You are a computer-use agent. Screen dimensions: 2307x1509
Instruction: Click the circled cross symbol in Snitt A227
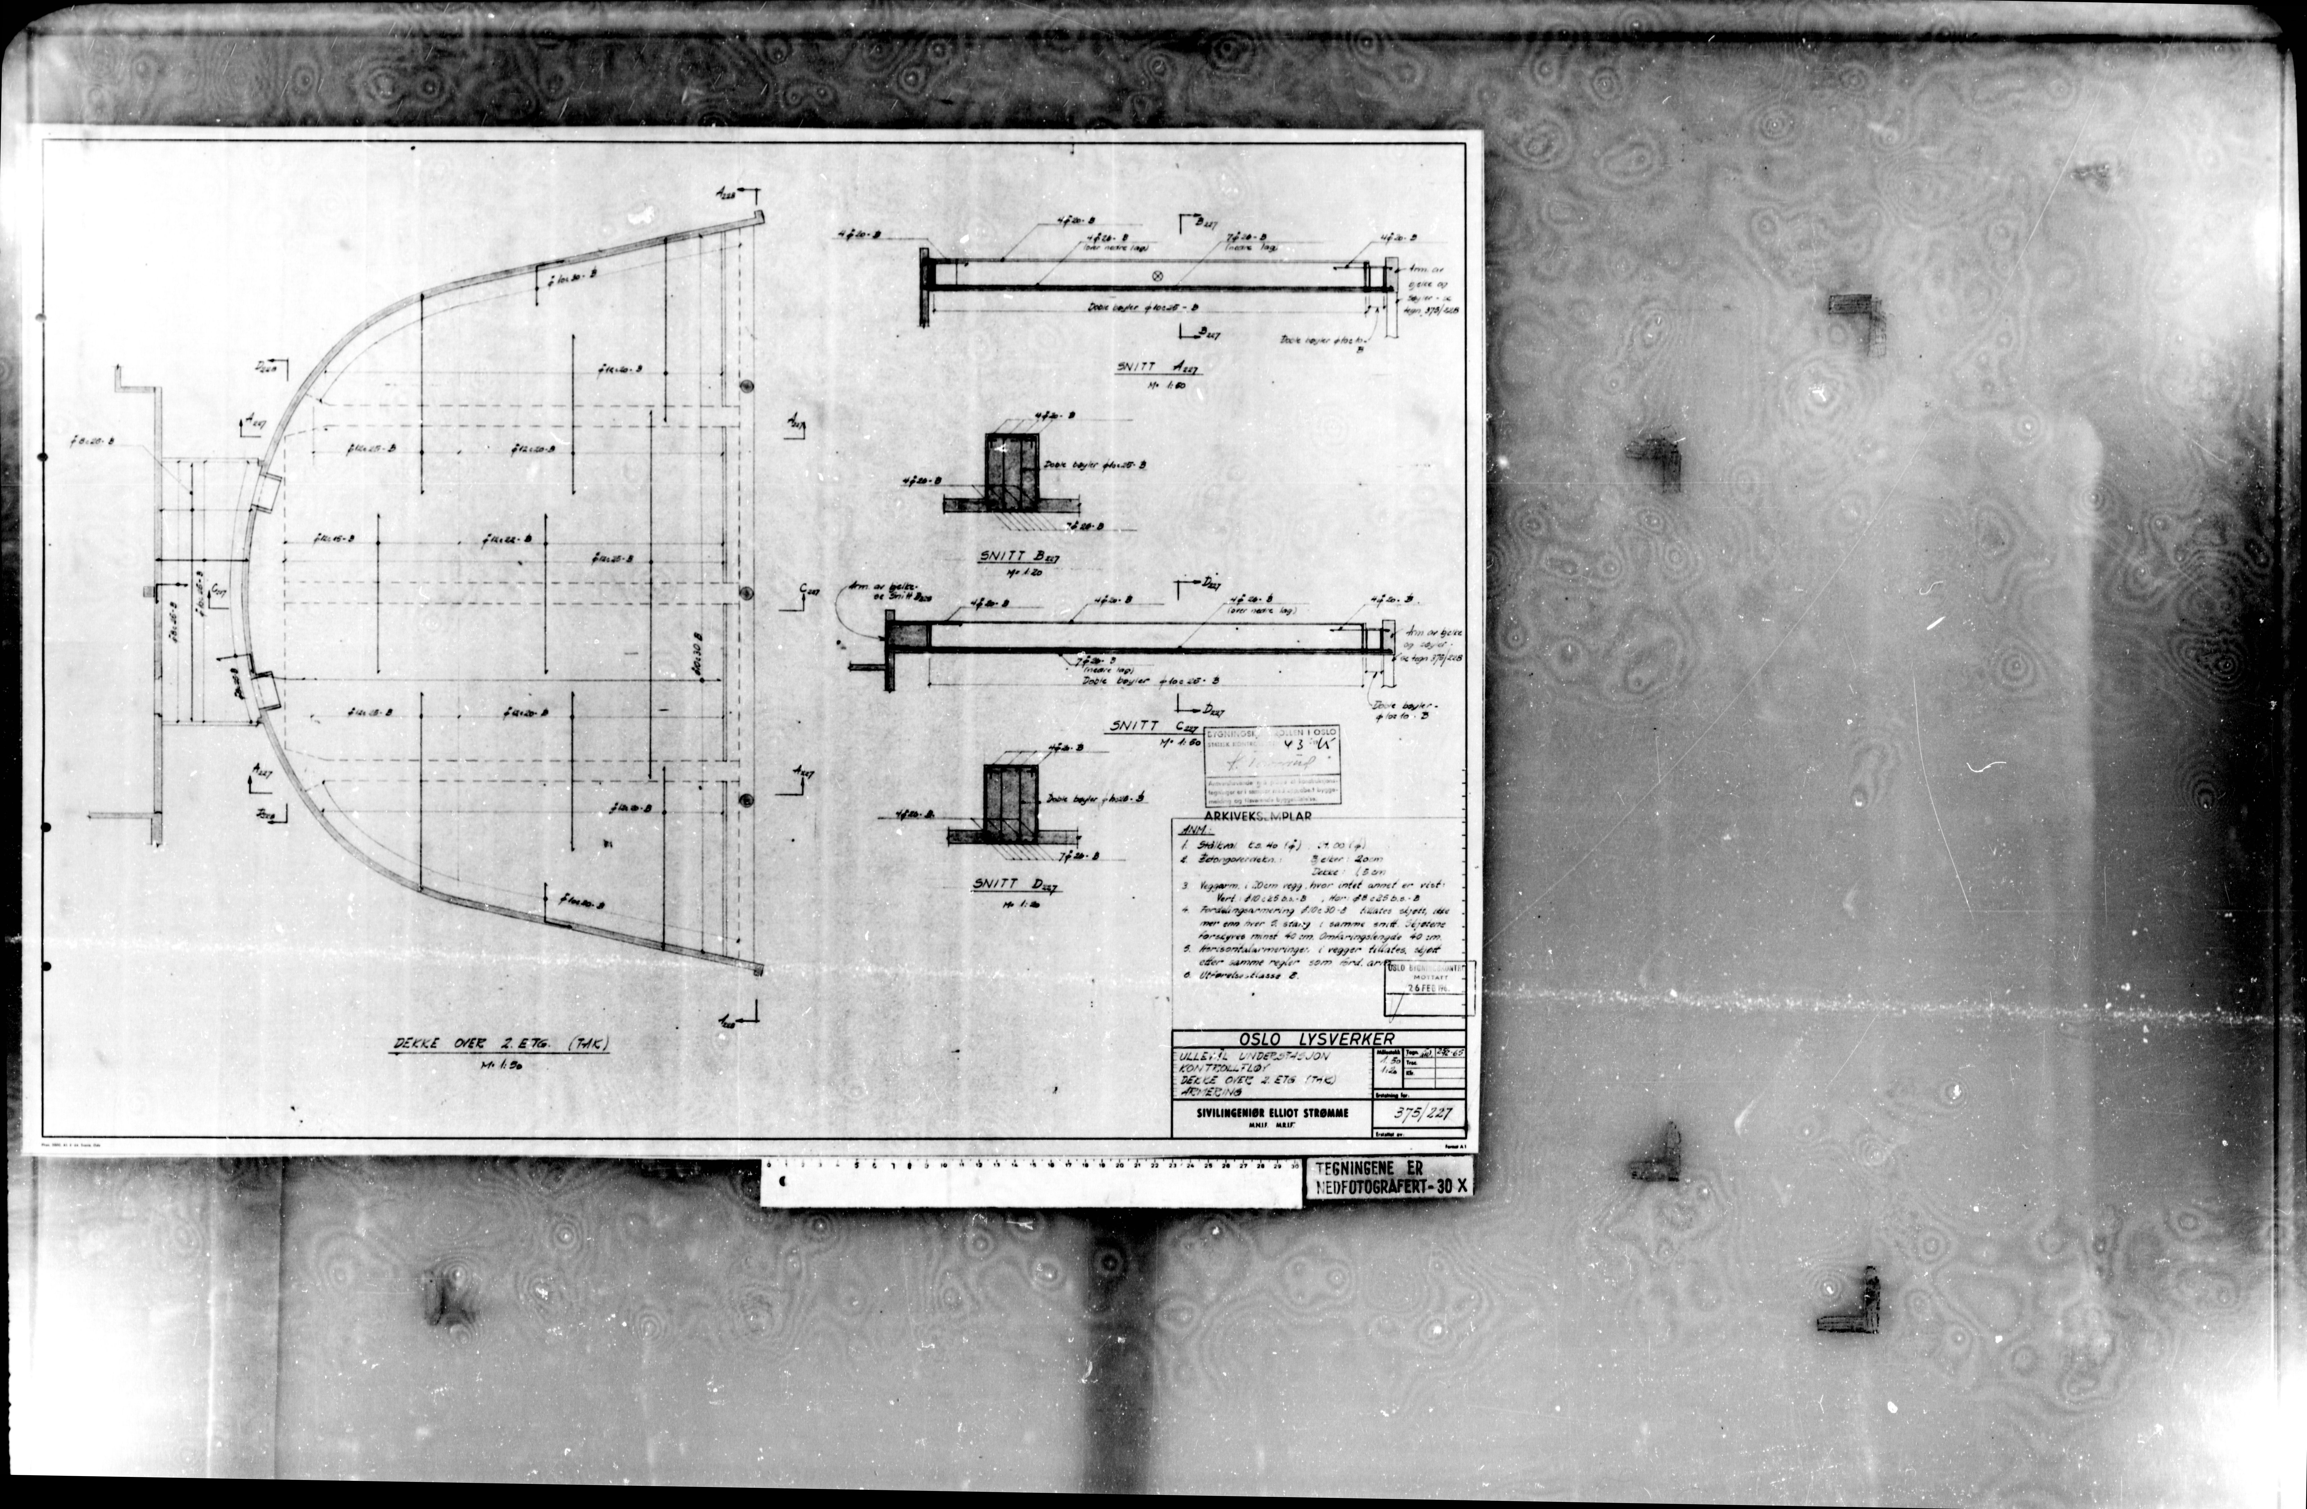1155,276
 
